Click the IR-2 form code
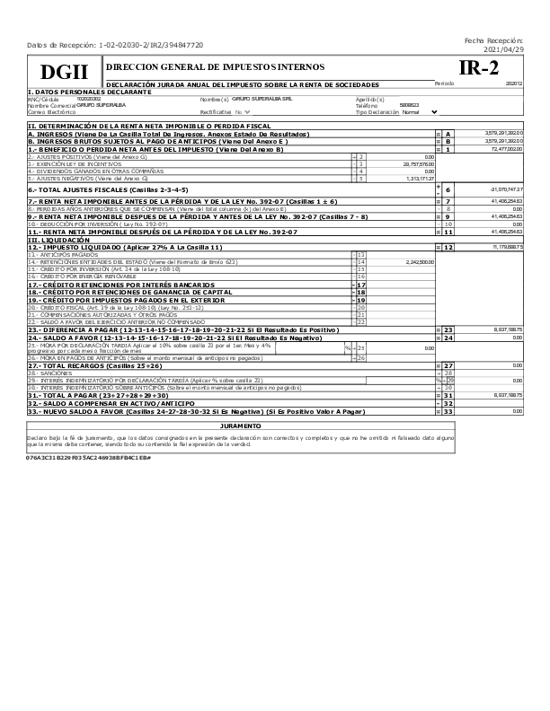pos(478,69)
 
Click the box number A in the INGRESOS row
pos(447,133)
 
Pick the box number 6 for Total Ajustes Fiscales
pos(447,190)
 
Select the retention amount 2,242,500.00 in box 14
pos(419,261)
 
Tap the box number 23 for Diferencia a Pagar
pos(447,330)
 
